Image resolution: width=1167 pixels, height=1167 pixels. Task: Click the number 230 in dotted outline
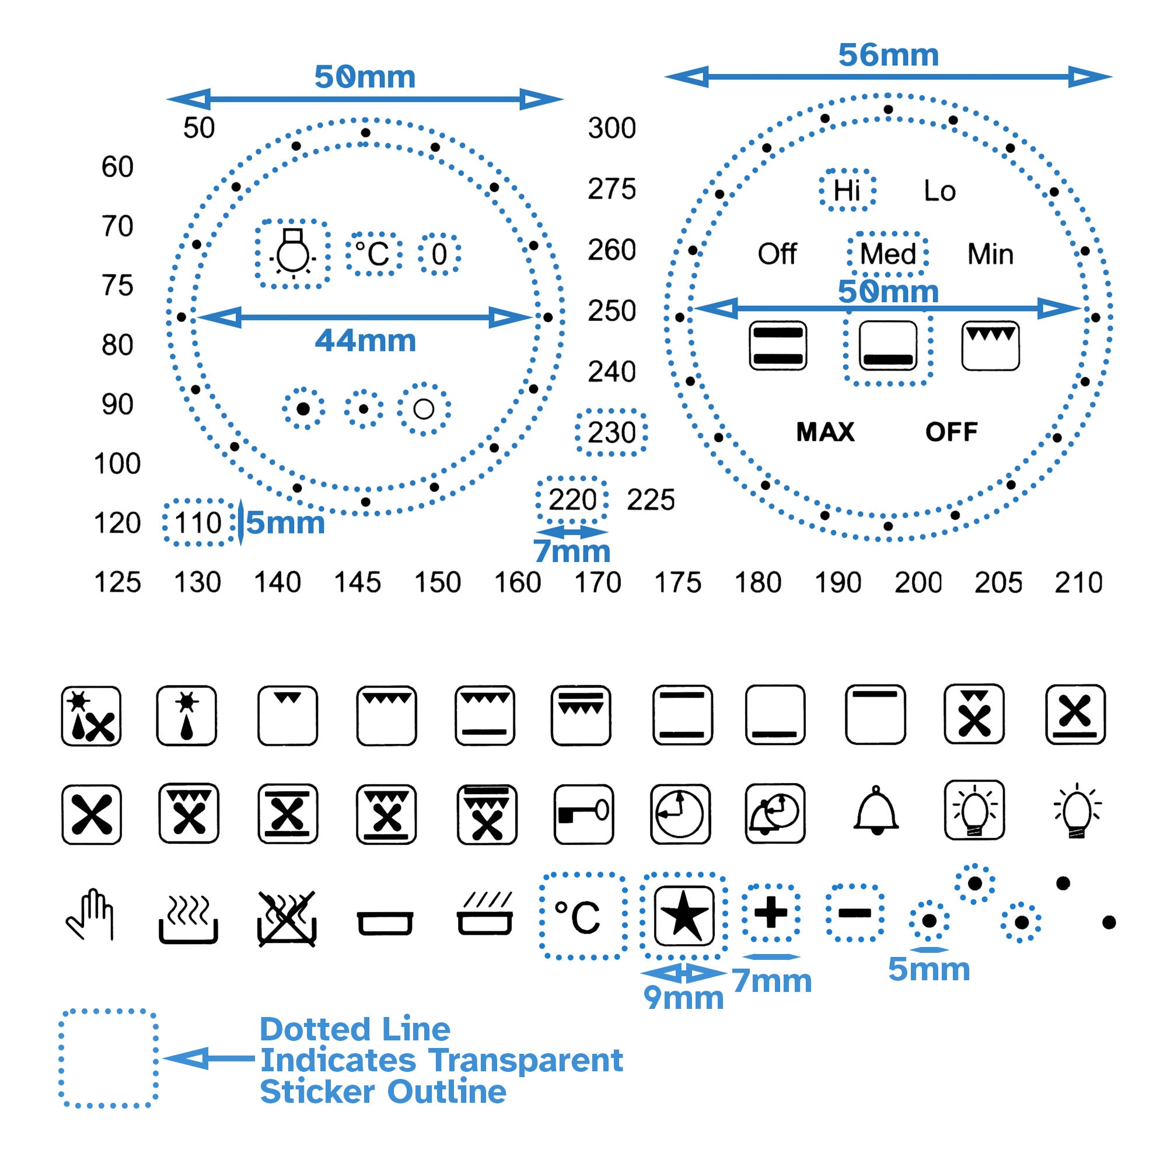coord(612,432)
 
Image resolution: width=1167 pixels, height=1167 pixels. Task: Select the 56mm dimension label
coord(888,55)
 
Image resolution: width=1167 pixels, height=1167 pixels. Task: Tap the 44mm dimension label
coord(365,341)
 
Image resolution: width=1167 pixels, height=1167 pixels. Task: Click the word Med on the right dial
coord(888,254)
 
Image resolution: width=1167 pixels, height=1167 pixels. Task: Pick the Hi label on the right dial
coord(847,191)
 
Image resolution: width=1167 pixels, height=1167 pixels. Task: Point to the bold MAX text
coord(825,432)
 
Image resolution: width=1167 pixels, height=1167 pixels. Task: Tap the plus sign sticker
coord(771,912)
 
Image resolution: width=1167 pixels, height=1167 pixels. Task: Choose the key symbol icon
coord(583,813)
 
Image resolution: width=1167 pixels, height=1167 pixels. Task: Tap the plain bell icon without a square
coord(876,811)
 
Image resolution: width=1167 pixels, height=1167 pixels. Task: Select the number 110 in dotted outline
coord(198,523)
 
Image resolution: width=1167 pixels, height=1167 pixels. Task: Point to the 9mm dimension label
coord(683,997)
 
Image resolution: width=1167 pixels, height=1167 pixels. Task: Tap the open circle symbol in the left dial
coord(424,409)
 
